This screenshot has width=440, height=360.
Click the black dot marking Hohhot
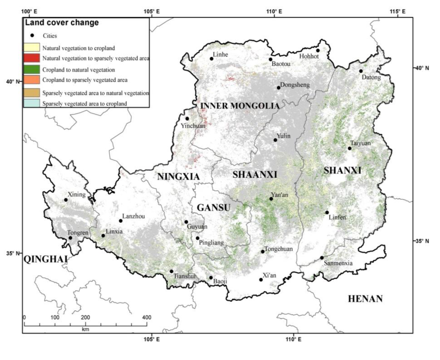(318, 50)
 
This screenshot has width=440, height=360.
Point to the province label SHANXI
(342, 171)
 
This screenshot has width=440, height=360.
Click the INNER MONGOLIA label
(240, 106)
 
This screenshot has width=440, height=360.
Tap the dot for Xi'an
(261, 280)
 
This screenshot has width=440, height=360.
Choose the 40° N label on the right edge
(421, 68)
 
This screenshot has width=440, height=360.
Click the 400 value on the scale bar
(147, 317)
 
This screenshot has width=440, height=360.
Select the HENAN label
(365, 298)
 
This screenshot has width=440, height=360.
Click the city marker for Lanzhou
(121, 221)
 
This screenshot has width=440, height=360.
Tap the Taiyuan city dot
(349, 148)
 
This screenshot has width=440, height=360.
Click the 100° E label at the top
(33, 12)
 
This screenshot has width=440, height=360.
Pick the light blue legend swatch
(32, 103)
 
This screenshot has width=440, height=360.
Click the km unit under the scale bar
(85, 329)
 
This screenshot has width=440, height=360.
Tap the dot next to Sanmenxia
(322, 258)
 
